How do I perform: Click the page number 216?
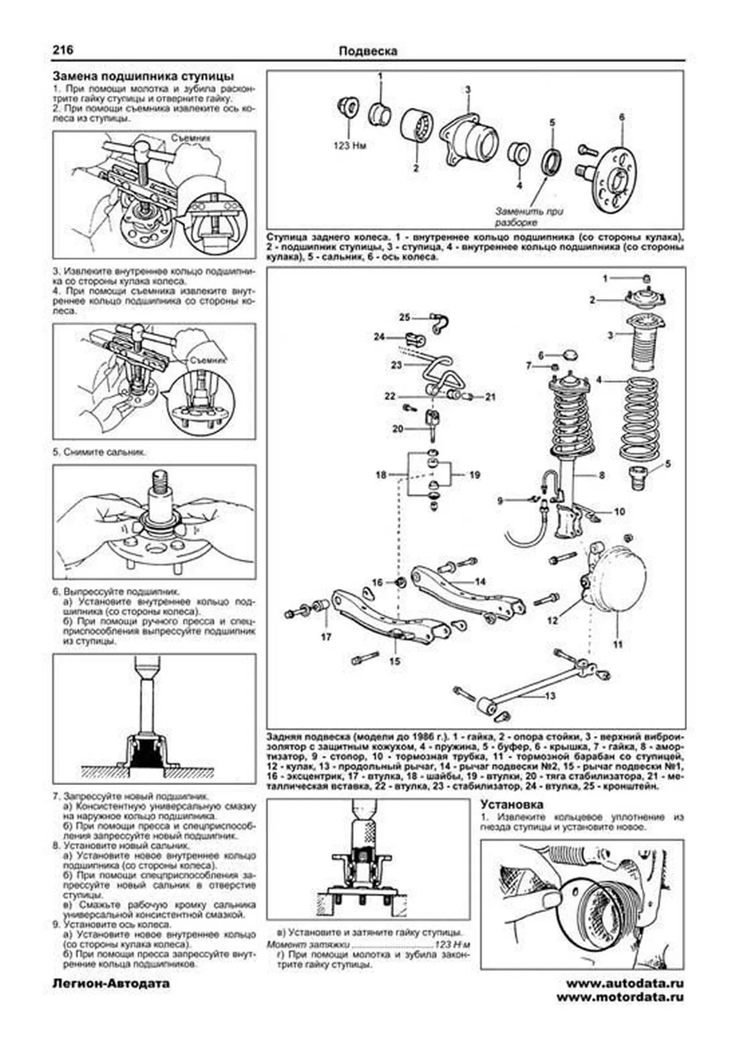click(x=63, y=50)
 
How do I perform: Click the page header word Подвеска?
click(x=367, y=51)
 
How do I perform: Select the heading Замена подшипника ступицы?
click(x=143, y=77)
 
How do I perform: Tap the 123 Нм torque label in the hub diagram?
click(x=350, y=146)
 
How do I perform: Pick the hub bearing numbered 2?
click(x=417, y=130)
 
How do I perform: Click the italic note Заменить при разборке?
click(x=529, y=216)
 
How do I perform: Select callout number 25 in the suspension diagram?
click(x=404, y=317)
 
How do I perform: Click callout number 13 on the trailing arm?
click(x=550, y=696)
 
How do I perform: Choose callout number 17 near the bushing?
click(x=326, y=637)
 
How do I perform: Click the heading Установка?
click(x=512, y=804)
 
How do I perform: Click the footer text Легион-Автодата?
click(x=111, y=984)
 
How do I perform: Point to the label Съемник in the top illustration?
click(x=191, y=139)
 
